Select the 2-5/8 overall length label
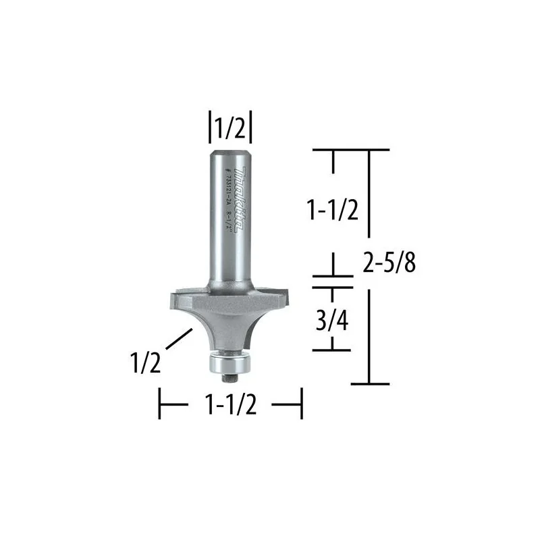click(389, 263)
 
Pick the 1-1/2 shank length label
click(332, 211)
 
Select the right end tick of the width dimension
click(300, 405)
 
